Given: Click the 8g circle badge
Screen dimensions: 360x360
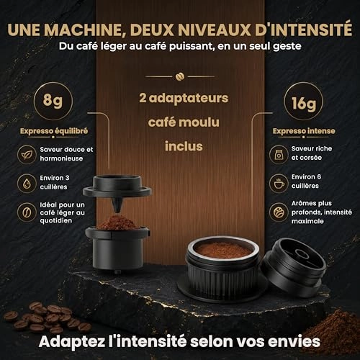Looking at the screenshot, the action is pyautogui.click(x=53, y=101).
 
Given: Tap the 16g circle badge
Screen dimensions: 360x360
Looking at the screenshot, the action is pyautogui.click(x=303, y=102).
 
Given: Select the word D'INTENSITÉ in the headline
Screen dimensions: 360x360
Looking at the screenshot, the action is pyautogui.click(x=303, y=30).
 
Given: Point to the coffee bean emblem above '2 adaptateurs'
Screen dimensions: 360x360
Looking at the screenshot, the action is pyautogui.click(x=180, y=76).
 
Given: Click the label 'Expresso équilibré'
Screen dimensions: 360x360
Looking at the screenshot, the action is pyautogui.click(x=54, y=131).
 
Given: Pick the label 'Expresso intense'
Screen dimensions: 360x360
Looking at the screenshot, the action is pyautogui.click(x=304, y=131).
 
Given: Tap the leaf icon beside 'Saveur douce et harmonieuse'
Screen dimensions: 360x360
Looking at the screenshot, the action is pyautogui.click(x=27, y=155).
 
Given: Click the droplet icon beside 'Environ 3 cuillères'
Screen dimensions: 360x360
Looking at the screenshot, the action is pyautogui.click(x=27, y=184).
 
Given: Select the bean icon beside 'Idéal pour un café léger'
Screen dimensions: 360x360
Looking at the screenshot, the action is pyautogui.click(x=27, y=212).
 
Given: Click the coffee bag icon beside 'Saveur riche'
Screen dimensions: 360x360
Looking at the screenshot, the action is pyautogui.click(x=279, y=154).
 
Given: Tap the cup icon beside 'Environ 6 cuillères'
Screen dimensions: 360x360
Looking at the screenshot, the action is pyautogui.click(x=279, y=184).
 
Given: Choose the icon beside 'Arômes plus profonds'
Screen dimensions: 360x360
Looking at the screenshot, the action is pyautogui.click(x=279, y=212).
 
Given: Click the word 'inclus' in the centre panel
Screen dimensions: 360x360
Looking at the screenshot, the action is pyautogui.click(x=184, y=146).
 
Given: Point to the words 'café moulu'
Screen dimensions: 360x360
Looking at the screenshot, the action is pyautogui.click(x=184, y=122).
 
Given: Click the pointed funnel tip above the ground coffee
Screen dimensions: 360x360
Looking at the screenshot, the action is pyautogui.click(x=117, y=210).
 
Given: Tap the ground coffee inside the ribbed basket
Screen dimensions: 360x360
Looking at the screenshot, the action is pyautogui.click(x=223, y=250).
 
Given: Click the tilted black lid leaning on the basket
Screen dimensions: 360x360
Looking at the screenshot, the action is pyautogui.click(x=294, y=264).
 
